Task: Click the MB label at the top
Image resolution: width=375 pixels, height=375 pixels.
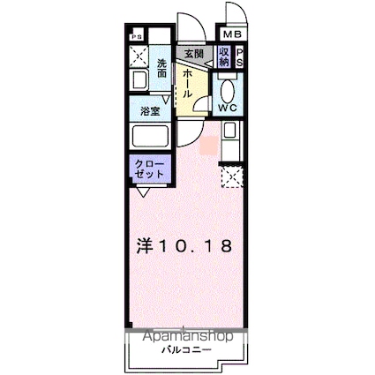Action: (231, 34)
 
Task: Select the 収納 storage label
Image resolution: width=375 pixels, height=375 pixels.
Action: (224, 58)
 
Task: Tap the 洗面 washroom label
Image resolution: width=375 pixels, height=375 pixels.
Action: (162, 68)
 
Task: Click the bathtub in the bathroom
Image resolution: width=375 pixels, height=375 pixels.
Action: (151, 138)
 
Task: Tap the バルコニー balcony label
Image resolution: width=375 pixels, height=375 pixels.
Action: (185, 351)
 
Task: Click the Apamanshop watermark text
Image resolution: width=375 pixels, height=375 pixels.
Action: (184, 337)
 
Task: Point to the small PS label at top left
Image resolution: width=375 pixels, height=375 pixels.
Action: (136, 37)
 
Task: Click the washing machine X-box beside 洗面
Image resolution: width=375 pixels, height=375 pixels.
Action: (139, 58)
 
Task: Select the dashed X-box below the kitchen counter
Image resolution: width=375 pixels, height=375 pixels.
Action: (231, 179)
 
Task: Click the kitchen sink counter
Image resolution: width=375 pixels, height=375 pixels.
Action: (230, 141)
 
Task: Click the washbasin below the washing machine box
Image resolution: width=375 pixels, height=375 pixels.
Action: (139, 82)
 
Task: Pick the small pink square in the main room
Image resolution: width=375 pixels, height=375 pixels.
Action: (207, 143)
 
